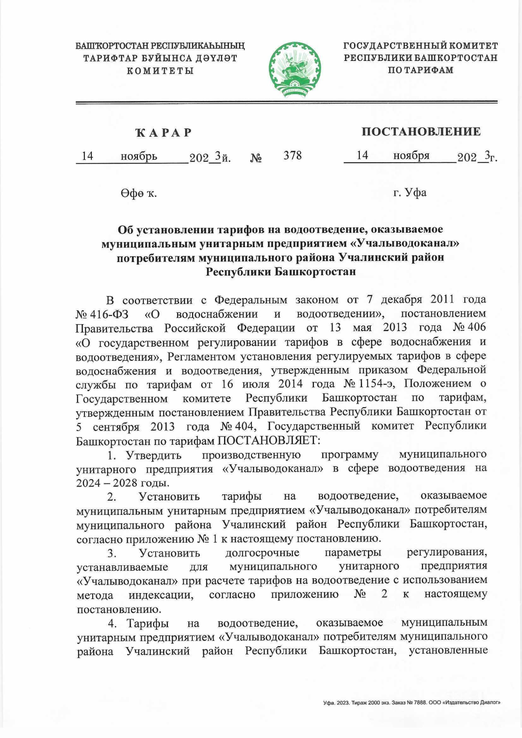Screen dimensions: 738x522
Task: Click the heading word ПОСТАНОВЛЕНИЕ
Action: pyautogui.click(x=421, y=131)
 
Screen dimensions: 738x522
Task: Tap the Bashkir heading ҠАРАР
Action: pyautogui.click(x=164, y=133)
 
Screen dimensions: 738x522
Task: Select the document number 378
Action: pyautogui.click(x=292, y=155)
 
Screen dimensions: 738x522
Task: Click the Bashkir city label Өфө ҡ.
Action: pyautogui.click(x=139, y=193)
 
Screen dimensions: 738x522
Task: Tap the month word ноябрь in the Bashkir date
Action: pyautogui.click(x=139, y=156)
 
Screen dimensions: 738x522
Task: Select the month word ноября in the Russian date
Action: pyautogui.click(x=411, y=155)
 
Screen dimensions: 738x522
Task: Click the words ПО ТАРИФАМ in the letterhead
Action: pyautogui.click(x=420, y=70)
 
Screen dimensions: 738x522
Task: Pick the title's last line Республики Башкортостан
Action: pyautogui.click(x=281, y=272)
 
